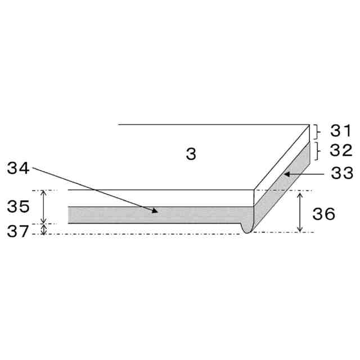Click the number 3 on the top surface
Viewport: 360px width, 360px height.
191,154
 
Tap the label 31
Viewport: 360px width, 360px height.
341,130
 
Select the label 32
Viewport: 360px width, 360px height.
341,150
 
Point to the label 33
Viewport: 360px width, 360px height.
342,173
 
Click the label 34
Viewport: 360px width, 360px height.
18,168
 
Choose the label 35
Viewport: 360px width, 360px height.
18,206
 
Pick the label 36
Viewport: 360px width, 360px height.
324,214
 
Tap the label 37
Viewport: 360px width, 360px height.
18,231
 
